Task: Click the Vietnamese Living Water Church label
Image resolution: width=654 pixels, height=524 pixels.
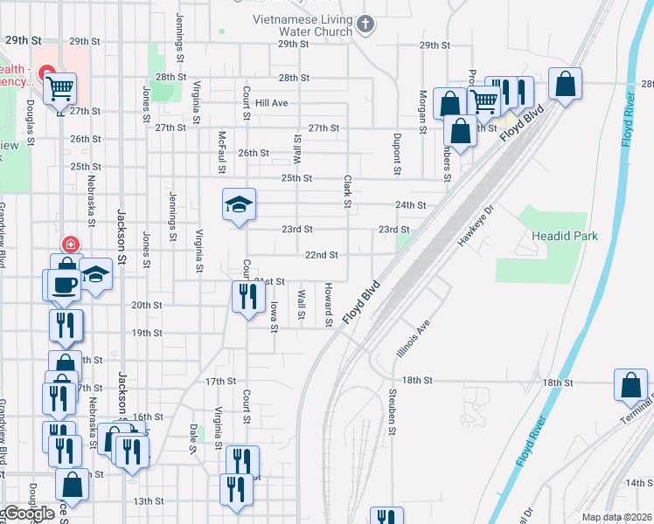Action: coord(303,25)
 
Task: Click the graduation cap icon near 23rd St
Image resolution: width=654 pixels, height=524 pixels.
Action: coord(239,205)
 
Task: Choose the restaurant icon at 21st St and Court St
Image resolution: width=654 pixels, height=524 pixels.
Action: coord(247,298)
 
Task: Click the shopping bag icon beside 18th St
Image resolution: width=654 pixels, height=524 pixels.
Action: coord(631,385)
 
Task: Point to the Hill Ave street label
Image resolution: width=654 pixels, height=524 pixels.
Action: coord(272,103)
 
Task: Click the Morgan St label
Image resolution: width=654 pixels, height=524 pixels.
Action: coord(422,112)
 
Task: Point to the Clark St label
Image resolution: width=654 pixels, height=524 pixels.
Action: coord(347,192)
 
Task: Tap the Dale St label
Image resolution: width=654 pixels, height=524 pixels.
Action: coord(193,438)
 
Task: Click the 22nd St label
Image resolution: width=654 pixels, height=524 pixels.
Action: coord(321,255)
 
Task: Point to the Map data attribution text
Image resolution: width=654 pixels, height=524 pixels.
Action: coord(616,517)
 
